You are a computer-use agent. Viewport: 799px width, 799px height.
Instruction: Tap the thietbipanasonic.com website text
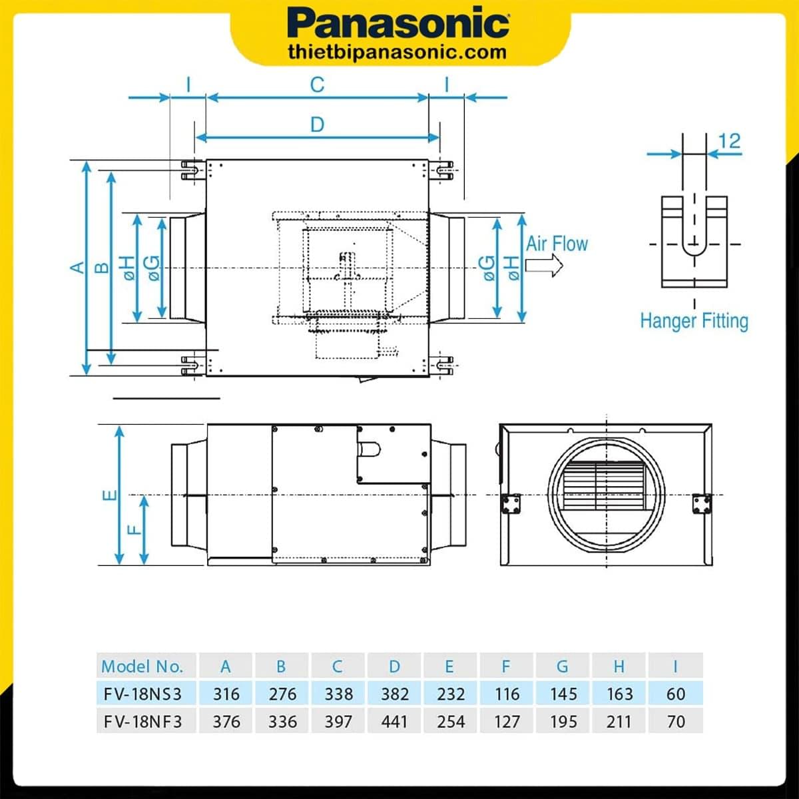tap(398, 51)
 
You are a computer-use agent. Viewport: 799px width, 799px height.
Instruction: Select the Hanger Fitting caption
tap(694, 321)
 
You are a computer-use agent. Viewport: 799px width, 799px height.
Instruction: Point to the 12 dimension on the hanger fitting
tap(730, 141)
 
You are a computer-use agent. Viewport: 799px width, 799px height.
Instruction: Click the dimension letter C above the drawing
tap(317, 85)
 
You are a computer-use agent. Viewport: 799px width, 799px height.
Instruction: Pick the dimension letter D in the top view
tap(317, 125)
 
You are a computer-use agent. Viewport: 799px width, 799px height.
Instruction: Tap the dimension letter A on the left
tap(78, 267)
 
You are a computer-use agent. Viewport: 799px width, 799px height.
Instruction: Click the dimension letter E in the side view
tap(110, 495)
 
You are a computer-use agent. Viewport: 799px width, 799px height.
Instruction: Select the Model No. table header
tap(142, 666)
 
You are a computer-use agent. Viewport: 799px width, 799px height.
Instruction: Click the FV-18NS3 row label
tap(142, 694)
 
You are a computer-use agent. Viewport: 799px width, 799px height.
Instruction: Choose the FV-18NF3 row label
tap(142, 721)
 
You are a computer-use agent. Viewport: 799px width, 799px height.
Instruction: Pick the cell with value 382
tap(395, 694)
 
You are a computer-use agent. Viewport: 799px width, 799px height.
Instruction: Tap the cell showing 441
tap(395, 721)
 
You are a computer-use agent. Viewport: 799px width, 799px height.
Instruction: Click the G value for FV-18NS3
tap(563, 694)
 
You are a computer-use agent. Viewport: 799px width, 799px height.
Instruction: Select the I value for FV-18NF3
tap(675, 721)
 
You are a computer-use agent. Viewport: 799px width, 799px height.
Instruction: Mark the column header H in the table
tap(619, 666)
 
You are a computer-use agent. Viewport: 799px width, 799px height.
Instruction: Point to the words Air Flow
tap(557, 244)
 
